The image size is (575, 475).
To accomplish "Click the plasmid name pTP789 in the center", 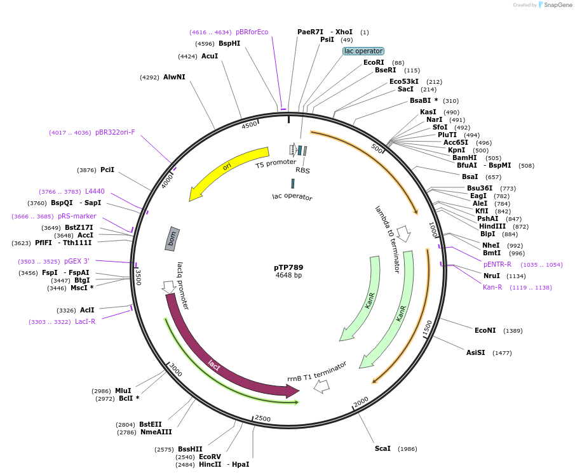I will (289, 267).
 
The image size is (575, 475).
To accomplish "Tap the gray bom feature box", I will (172, 238).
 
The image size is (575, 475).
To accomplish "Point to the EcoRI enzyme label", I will (374, 62).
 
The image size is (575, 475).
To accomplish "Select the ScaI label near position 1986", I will (382, 448).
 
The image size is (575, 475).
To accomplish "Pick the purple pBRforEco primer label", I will (252, 32).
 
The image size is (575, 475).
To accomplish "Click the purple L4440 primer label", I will (95, 191).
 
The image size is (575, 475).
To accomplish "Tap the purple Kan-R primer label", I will (492, 287).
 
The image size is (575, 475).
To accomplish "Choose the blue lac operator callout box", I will (363, 51).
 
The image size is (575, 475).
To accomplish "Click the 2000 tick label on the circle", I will (361, 402).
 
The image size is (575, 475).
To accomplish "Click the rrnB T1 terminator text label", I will (317, 371).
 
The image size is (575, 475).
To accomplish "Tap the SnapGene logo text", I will (558, 5).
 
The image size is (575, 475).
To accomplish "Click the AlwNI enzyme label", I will (174, 77).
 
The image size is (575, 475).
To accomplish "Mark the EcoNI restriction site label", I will (485, 330).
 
